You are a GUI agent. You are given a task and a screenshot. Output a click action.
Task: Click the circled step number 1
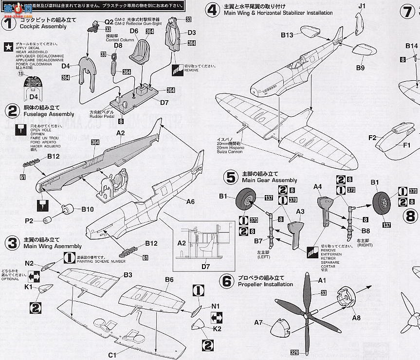pos(8,22)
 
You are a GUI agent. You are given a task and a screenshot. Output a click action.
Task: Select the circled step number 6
pos(227,280)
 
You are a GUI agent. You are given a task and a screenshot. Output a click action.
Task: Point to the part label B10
pos(87,210)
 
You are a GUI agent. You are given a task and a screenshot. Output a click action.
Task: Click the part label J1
pos(361,6)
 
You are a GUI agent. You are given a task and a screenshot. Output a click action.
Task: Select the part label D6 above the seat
pos(134,31)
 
